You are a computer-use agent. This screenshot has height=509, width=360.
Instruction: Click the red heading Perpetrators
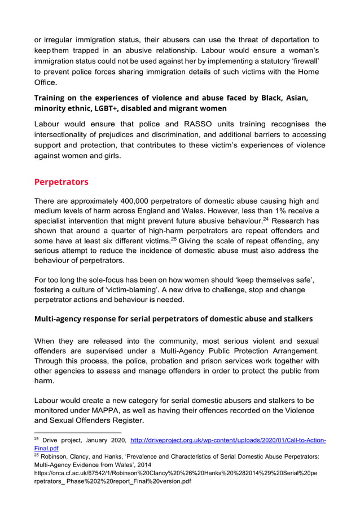63,182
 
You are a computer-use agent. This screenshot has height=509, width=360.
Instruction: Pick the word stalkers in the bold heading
293,319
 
